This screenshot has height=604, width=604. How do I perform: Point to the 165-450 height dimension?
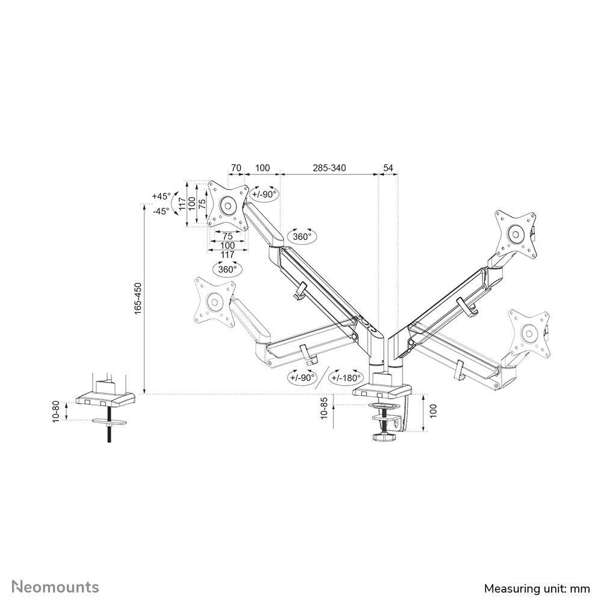pyautogui.click(x=138, y=298)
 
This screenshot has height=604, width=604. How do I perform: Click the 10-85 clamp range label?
pyautogui.click(x=325, y=409)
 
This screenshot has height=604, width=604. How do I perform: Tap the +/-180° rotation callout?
pyautogui.click(x=345, y=378)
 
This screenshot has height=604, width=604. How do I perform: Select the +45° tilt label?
pyautogui.click(x=161, y=196)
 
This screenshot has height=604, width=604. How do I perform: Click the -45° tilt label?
pyautogui.click(x=161, y=211)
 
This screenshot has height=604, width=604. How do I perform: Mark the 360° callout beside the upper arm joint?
pyautogui.click(x=302, y=236)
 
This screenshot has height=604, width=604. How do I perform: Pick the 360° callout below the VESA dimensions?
pyautogui.click(x=227, y=270)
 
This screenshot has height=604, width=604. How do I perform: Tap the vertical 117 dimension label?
pyautogui.click(x=192, y=204)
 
